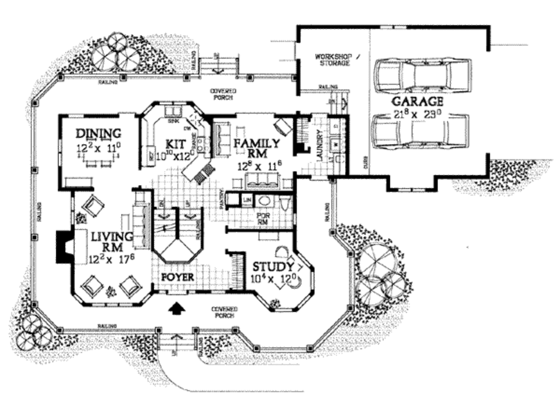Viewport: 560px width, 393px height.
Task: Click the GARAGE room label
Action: tap(417, 102)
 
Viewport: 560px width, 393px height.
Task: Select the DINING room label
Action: tap(98, 133)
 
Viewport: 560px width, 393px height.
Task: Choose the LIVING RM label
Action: tap(112, 242)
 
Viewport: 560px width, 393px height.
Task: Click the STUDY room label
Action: tap(273, 267)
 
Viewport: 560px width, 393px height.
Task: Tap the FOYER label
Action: tap(178, 277)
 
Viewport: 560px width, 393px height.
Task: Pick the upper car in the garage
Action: tap(423, 75)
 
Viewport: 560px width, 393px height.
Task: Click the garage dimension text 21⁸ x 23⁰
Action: tap(417, 114)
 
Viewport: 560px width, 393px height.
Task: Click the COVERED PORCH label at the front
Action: tap(224, 312)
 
